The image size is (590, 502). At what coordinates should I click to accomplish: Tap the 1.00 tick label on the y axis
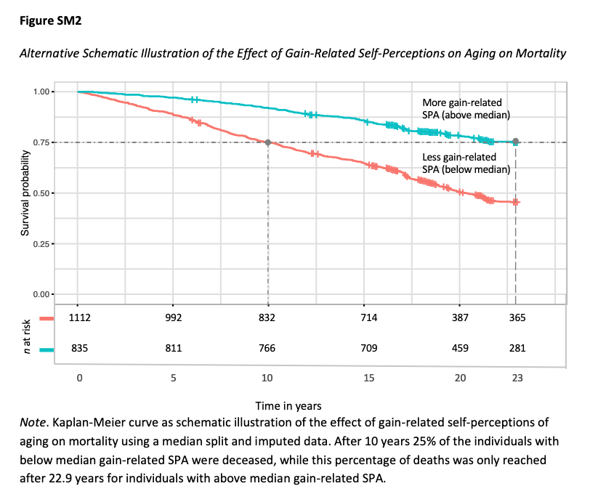(x=44, y=92)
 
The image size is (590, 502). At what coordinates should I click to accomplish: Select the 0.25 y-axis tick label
(x=44, y=243)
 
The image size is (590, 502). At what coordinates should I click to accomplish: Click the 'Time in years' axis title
(x=288, y=405)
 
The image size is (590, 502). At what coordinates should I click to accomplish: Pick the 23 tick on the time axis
(x=515, y=378)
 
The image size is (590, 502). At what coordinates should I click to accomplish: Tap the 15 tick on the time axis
(x=368, y=378)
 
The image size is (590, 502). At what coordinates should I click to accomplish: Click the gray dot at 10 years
(x=268, y=142)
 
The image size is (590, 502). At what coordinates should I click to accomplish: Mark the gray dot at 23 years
(x=515, y=142)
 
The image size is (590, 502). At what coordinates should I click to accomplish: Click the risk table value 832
(x=268, y=317)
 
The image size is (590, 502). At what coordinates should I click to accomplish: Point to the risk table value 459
(x=460, y=349)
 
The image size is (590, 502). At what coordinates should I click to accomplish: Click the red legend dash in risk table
(x=47, y=318)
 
